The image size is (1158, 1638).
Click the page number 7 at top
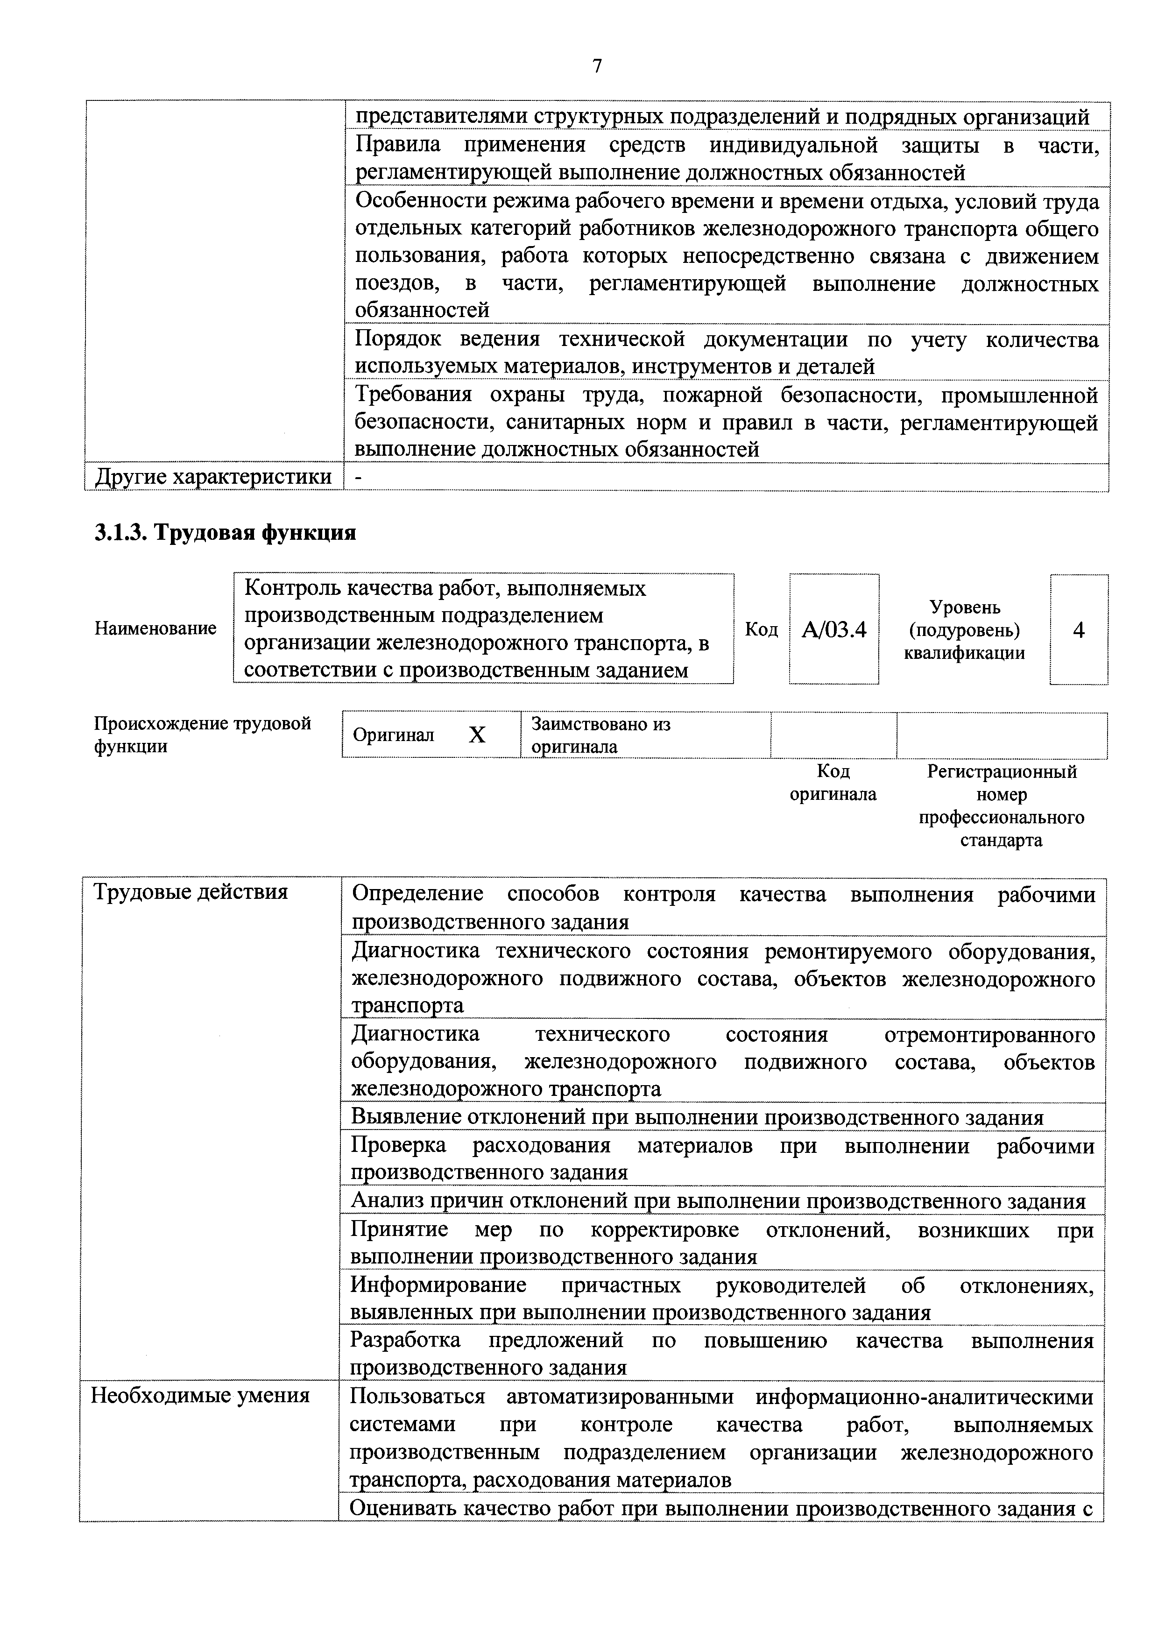tap(596, 66)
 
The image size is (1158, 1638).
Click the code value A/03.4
tap(833, 630)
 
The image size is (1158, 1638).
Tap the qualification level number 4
tap(1078, 630)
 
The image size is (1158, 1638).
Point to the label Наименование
tap(155, 628)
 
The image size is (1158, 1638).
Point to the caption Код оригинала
tap(833, 783)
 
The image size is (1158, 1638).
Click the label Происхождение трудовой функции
tap(203, 735)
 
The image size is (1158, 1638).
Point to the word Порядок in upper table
tap(397, 339)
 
